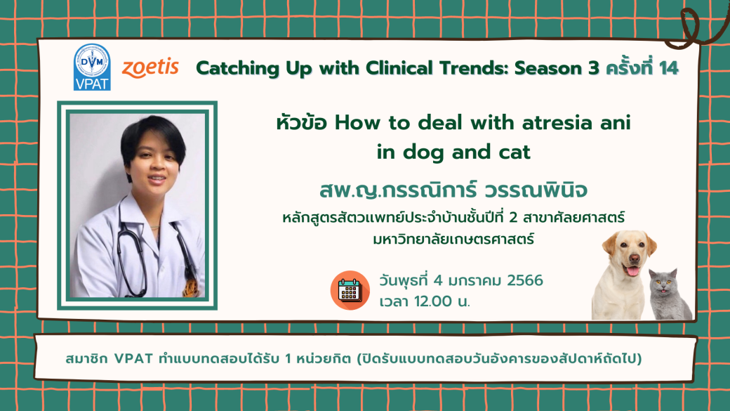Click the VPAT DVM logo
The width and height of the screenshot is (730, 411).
[92, 67]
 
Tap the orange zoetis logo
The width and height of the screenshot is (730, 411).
[150, 67]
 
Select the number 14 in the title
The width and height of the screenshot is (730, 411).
[668, 69]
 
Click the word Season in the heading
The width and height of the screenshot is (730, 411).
[548, 69]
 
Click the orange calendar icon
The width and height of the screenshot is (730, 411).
[350, 290]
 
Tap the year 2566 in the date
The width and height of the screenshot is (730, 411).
[525, 280]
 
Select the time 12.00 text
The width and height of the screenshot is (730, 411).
[432, 301]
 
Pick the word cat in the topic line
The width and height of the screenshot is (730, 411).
[515, 152]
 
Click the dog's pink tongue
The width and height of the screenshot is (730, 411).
[632, 270]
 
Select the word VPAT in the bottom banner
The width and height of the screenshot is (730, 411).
[133, 359]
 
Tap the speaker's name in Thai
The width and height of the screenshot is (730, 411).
[453, 190]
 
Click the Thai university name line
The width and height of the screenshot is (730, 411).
[453, 240]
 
